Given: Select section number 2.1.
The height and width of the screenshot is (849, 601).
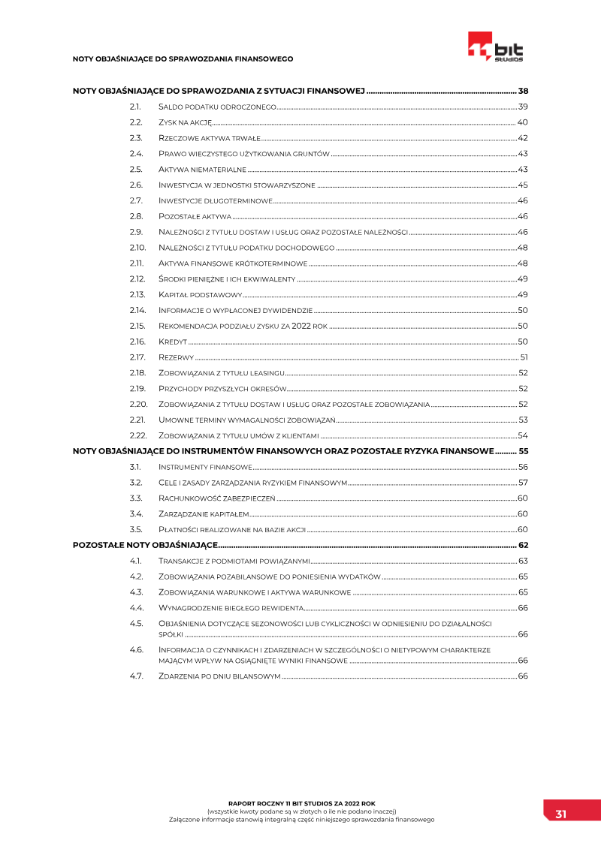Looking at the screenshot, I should coord(135,107).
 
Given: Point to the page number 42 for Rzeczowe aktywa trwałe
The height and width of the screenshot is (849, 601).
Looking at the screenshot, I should coord(523,138).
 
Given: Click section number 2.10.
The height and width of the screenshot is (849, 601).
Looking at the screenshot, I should coord(137,248).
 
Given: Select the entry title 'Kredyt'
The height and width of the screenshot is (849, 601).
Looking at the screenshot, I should coord(172,342).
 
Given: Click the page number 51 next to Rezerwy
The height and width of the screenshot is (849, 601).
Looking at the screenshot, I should coord(524,357).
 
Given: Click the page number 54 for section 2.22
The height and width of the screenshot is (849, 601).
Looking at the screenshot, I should coord(523,435).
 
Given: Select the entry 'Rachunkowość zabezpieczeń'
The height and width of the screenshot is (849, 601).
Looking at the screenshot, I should coord(217,498).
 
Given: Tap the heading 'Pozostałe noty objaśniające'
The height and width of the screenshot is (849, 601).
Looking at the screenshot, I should coord(145,545).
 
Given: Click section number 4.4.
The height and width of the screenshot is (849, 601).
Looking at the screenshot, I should coord(136,608).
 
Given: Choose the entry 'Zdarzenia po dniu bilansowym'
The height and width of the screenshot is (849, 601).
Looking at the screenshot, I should coord(219,676).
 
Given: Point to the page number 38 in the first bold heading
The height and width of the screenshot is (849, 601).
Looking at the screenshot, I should coord(524,91).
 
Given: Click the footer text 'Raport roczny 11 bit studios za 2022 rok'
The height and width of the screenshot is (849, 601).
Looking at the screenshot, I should coord(300,802).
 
